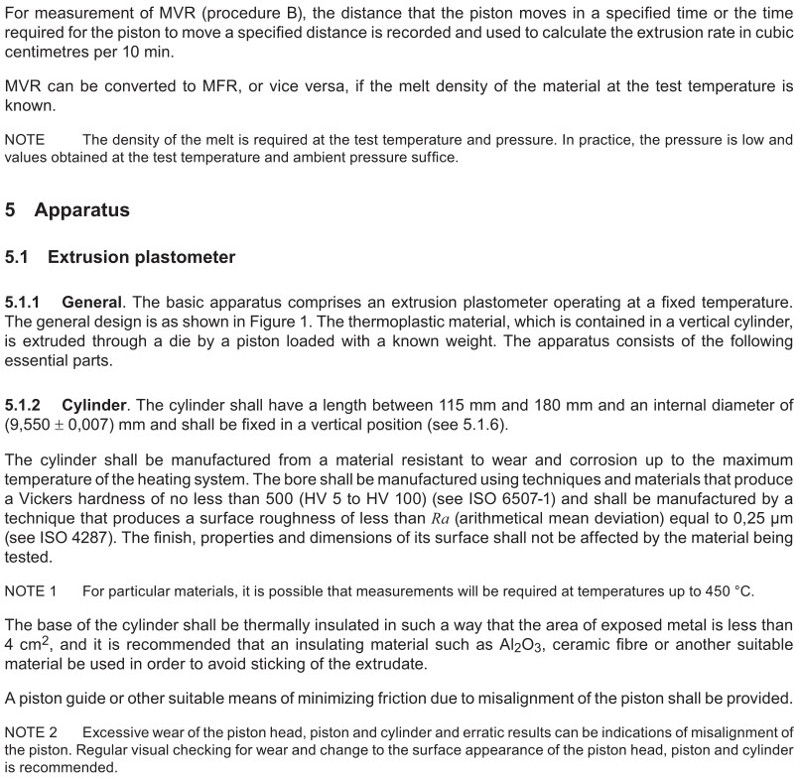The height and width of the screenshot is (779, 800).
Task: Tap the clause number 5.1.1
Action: click(x=26, y=301)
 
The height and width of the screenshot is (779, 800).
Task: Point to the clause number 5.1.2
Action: click(x=26, y=407)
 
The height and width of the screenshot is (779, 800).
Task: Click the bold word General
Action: click(x=92, y=301)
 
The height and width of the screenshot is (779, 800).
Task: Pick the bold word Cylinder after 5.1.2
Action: click(x=95, y=407)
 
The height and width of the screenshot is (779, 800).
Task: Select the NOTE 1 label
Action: click(x=31, y=591)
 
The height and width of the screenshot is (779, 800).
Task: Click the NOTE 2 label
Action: click(x=31, y=732)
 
